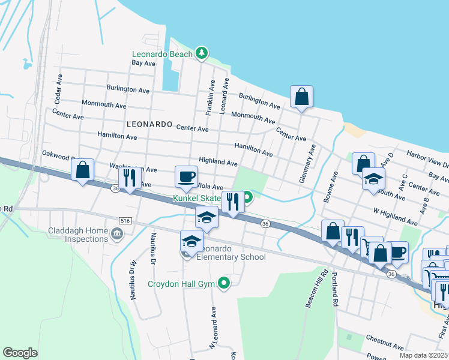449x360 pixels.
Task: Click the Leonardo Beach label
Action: (162, 54)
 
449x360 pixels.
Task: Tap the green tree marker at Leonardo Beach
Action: (202, 54)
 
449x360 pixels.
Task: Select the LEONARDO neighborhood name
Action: (149, 124)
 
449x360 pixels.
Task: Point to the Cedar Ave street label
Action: (59, 88)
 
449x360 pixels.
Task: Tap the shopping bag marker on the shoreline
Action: (301, 97)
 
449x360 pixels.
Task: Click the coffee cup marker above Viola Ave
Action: (186, 177)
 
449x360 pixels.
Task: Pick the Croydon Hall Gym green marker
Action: (224, 282)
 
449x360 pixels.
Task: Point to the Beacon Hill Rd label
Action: (316, 290)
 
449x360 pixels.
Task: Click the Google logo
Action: (20, 352)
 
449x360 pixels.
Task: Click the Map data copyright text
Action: (423, 355)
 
